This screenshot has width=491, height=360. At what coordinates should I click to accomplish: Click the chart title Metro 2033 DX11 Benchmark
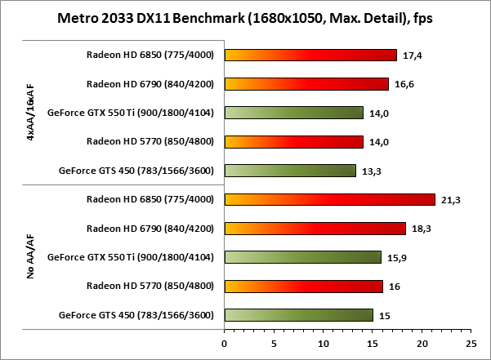click(245, 18)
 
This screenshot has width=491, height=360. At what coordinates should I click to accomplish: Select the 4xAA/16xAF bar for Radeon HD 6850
click(310, 56)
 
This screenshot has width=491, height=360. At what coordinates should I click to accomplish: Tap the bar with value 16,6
click(306, 84)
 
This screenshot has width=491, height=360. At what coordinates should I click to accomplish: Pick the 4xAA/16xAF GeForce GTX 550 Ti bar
click(293, 113)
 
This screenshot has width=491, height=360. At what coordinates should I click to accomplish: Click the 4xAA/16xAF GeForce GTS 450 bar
click(290, 171)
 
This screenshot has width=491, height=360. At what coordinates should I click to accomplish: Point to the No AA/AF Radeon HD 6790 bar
click(315, 229)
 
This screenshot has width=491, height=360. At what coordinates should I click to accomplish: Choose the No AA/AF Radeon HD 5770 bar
click(303, 286)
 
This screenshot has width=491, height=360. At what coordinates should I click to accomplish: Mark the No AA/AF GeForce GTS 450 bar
click(298, 314)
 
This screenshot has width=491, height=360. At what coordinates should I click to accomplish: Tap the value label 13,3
click(369, 171)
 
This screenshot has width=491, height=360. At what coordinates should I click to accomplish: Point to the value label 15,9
click(395, 258)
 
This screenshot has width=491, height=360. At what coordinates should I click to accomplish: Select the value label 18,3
click(419, 229)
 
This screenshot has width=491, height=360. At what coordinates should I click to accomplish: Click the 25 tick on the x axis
click(471, 342)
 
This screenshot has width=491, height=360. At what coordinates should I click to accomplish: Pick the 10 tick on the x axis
click(323, 342)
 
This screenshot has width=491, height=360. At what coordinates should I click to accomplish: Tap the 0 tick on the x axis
click(225, 342)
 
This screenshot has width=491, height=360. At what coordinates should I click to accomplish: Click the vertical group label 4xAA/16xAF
click(30, 113)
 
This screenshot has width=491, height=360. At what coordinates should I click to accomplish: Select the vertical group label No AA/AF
click(30, 257)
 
